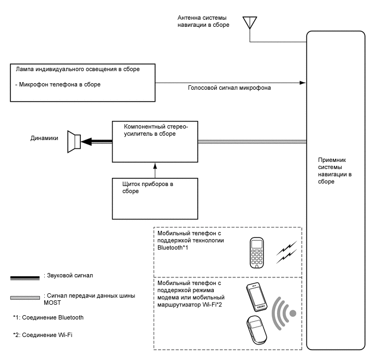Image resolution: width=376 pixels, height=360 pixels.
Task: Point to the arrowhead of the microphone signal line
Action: click(x=302, y=83)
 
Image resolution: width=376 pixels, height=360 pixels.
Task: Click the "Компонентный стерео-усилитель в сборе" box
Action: click(x=155, y=142)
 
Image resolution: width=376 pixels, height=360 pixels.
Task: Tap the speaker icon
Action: click(x=74, y=142)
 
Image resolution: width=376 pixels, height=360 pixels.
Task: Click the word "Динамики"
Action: click(x=44, y=138)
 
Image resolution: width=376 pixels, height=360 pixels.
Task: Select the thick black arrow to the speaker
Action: click(x=96, y=142)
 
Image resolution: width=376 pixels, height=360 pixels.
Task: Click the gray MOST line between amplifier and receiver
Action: click(x=251, y=142)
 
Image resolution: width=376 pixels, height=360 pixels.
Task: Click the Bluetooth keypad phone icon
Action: click(x=257, y=252)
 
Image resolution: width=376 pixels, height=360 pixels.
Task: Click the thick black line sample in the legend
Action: click(x=26, y=278)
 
